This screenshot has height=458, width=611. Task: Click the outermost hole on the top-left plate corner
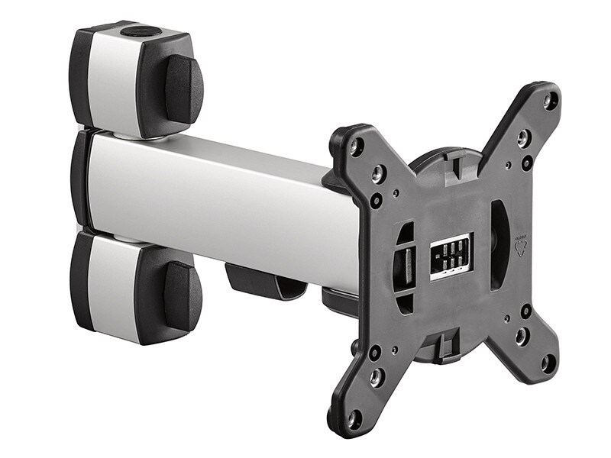(356, 147)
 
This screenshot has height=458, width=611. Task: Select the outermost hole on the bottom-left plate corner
(354, 418)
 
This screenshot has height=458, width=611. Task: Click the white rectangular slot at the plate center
(451, 256)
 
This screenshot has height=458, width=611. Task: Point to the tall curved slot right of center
(497, 244)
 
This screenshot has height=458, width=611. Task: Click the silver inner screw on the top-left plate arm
(377, 175)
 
